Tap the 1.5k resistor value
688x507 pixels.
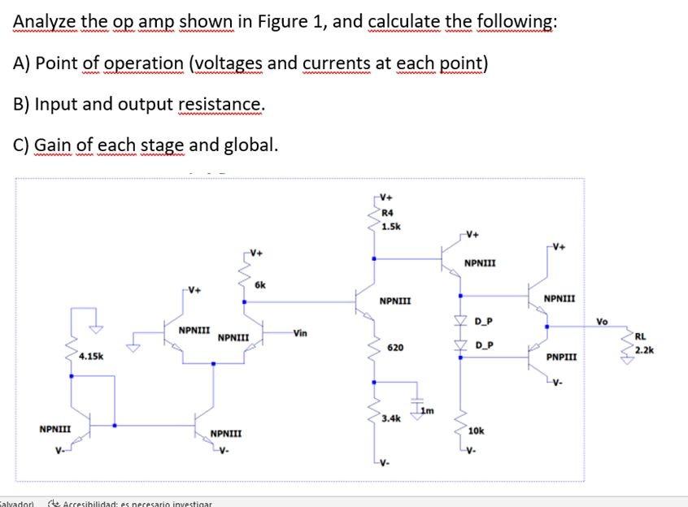coord(390,227)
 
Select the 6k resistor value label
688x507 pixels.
coord(260,285)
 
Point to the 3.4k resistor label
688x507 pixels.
coord(391,418)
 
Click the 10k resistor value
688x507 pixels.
coord(477,431)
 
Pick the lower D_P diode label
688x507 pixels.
coord(483,346)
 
